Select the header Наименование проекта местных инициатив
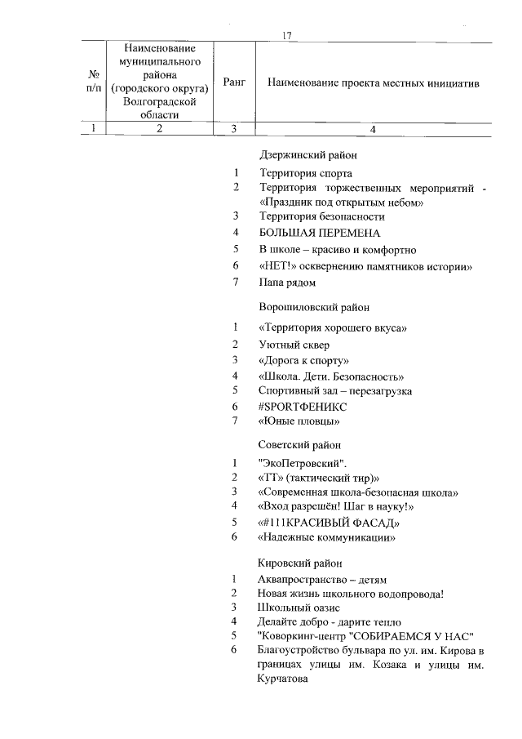tap(373, 83)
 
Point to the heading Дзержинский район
tap(308, 154)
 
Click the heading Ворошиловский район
tap(314, 308)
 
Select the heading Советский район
tap(299, 445)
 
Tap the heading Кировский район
tap(299, 563)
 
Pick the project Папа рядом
tap(287, 283)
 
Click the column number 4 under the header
tap(373, 128)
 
